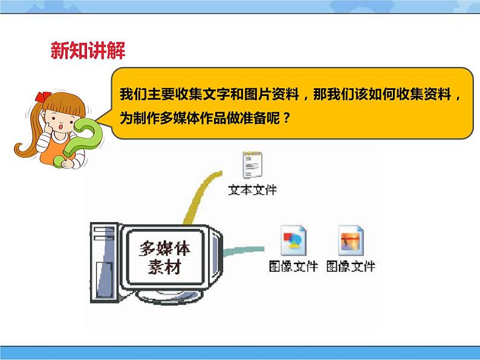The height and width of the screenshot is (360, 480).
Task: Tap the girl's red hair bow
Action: click(x=42, y=96)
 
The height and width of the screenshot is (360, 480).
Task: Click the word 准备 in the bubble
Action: click(x=254, y=118)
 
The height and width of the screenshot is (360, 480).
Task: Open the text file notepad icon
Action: click(x=251, y=164)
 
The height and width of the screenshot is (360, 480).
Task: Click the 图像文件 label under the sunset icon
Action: click(x=351, y=266)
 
